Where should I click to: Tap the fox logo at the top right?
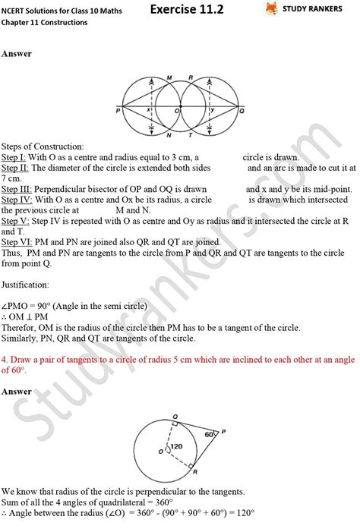point(271,10)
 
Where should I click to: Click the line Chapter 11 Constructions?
point(45,23)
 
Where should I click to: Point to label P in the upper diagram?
point(119,110)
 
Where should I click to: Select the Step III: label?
point(16,187)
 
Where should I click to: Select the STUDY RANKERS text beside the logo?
point(319,10)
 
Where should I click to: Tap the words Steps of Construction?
point(43,145)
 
